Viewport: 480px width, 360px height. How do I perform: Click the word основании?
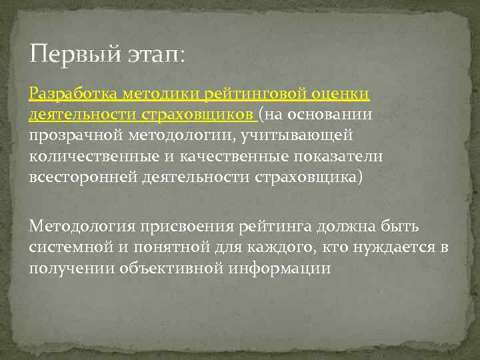coord(335,115)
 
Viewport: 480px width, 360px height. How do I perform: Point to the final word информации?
coord(279,267)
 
